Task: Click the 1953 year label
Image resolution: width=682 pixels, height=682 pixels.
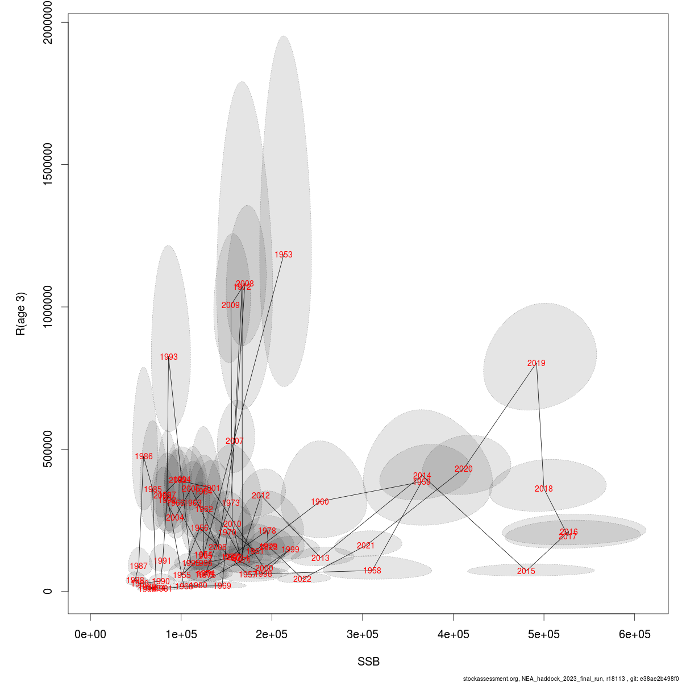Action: [x=283, y=255]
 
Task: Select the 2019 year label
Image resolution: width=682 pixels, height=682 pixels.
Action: [x=536, y=363]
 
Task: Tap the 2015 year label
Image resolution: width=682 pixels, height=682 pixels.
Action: [x=526, y=571]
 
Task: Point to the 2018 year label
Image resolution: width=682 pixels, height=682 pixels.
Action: [x=543, y=489]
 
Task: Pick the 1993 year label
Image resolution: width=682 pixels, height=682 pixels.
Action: [x=168, y=357]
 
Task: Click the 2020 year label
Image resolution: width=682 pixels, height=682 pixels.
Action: [x=463, y=469]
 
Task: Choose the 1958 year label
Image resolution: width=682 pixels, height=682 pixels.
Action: [x=372, y=571]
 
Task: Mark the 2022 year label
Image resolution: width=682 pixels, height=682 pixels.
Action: [x=302, y=579]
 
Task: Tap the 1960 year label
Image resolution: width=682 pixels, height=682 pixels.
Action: [x=319, y=502]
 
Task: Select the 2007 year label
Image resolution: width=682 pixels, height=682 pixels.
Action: [x=234, y=441]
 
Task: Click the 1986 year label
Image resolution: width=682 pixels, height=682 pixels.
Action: [x=143, y=456]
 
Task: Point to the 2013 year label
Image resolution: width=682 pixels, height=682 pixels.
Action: [x=320, y=559]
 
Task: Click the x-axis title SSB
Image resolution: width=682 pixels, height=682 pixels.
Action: [x=368, y=662]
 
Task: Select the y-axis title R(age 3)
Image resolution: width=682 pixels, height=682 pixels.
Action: [x=21, y=314]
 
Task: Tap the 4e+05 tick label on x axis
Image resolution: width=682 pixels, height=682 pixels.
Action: [x=453, y=634]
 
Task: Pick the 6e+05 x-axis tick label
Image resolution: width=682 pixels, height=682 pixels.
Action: [x=634, y=634]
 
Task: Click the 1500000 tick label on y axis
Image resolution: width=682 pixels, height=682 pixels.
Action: [x=57, y=165]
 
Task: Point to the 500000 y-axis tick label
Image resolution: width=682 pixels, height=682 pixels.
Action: [x=57, y=449]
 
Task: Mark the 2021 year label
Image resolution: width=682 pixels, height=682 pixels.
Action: [x=365, y=546]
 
